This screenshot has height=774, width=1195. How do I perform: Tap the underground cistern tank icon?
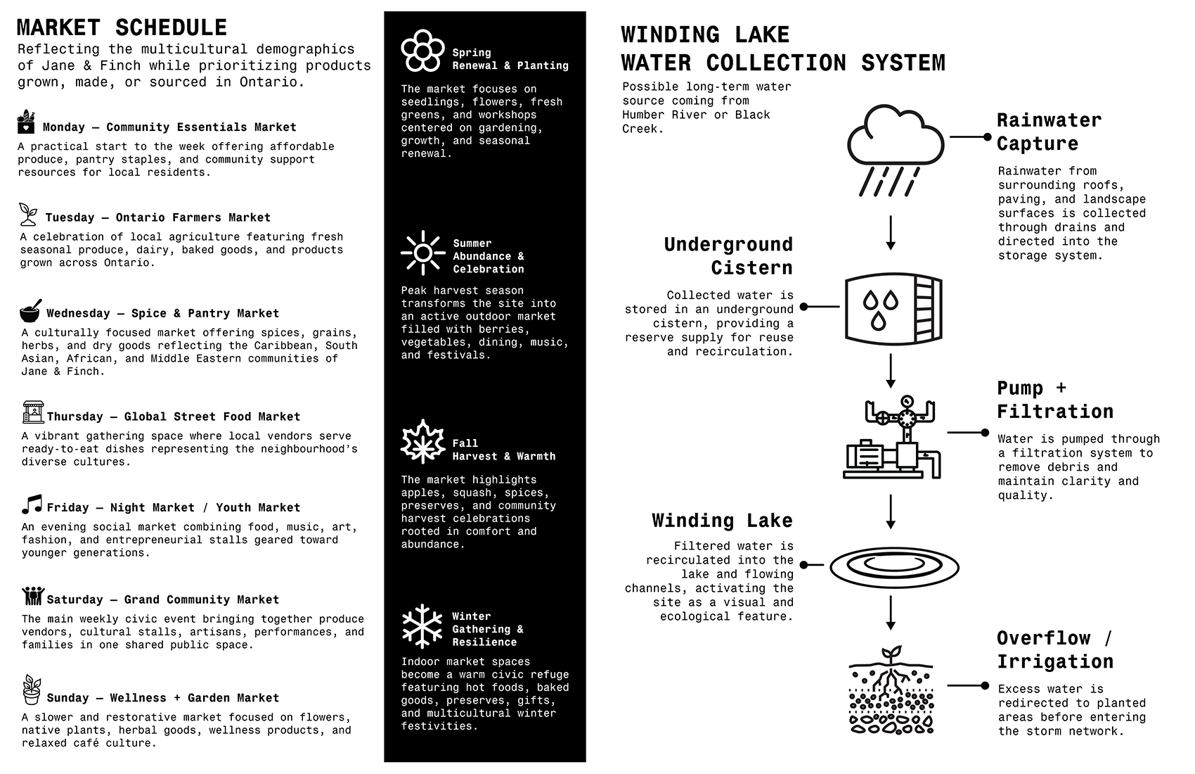893,309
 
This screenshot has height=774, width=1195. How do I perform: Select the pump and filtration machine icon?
891,437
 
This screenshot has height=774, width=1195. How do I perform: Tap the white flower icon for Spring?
422,50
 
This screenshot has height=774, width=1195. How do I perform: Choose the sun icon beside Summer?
423,253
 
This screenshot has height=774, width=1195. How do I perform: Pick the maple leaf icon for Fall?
422,441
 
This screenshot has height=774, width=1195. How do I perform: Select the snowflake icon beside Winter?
422,626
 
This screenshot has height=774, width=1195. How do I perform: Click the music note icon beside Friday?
32,504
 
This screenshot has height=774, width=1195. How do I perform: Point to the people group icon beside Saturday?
32,596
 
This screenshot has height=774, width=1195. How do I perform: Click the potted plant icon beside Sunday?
32,690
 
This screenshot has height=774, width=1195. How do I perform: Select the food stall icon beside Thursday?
33,412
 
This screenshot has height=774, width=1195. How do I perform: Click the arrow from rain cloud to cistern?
891,233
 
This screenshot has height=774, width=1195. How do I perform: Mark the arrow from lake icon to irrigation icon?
891,613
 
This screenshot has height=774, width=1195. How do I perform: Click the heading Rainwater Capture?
1049,132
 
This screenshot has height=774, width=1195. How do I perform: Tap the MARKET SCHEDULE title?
122,27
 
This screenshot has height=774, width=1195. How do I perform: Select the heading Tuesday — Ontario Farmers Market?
158,217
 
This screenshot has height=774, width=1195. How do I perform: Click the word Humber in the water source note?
641,115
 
